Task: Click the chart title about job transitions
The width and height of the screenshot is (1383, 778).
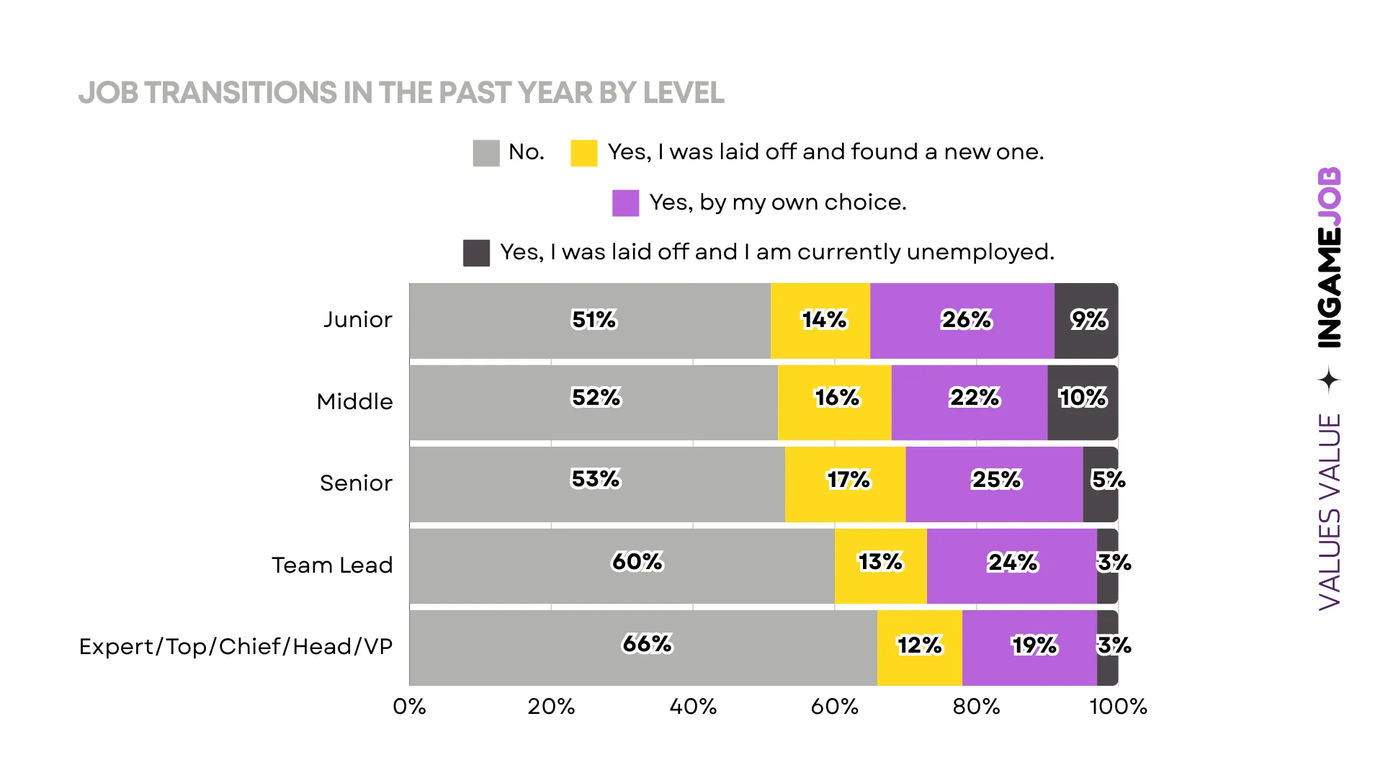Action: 401,93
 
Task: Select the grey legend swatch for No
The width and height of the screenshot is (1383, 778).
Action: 486,153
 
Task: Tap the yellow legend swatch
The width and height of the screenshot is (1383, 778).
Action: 583,153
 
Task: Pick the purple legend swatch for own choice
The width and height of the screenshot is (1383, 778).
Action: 625,203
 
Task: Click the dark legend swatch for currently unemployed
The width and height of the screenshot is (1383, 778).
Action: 476,253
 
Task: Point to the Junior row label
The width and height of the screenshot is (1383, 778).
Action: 357,319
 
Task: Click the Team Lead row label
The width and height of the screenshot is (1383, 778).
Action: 332,565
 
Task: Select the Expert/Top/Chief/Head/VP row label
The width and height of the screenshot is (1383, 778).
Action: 236,646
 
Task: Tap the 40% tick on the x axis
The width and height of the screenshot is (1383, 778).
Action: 693,707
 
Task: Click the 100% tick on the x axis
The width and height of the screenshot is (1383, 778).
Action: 1118,707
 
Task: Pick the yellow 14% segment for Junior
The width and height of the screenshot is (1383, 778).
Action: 820,321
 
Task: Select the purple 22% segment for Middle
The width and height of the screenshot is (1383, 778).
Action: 970,403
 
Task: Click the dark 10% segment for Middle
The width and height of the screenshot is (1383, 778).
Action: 1083,403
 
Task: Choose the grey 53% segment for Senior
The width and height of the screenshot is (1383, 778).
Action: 597,484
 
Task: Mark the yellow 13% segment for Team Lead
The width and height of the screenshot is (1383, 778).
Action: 880,566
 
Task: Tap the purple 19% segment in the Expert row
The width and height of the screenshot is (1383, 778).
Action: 1029,648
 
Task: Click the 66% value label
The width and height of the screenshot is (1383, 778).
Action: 647,643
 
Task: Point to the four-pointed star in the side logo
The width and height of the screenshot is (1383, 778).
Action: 1329,380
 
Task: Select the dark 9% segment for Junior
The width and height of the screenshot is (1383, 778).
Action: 1086,321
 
